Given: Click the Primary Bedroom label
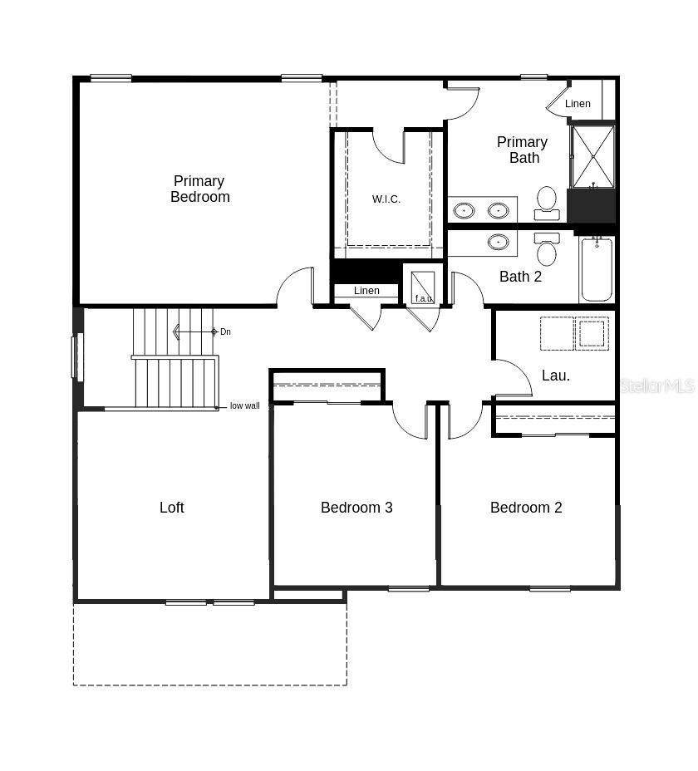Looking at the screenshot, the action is coord(199,189).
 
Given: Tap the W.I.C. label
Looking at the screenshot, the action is coord(386,199).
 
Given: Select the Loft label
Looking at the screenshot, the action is coord(172,508).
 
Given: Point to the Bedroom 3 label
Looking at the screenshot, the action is coord(356,508).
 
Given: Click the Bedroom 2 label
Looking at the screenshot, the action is coord(526,508).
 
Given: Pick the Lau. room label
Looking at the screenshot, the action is coord(556,376).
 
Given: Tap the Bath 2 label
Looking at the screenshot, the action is coord(520,277).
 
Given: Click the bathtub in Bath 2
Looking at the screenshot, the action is coord(597,269).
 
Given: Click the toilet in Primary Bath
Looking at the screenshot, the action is coord(547,204).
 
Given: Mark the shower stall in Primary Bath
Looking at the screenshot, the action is coord(592,156).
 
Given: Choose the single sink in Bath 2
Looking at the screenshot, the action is coord(499,242).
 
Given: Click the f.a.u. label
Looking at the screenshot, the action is coord(424,298).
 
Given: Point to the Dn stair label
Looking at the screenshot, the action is coord(225,331).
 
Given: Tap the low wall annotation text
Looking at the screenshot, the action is coord(245,405).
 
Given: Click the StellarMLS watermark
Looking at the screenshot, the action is coord(657,386).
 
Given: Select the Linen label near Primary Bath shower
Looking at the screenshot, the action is coord(578,104).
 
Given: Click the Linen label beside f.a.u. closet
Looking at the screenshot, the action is coord(366,291).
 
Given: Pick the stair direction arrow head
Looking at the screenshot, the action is coord(176,331).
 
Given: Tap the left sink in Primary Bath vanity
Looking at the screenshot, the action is coord(464,211).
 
